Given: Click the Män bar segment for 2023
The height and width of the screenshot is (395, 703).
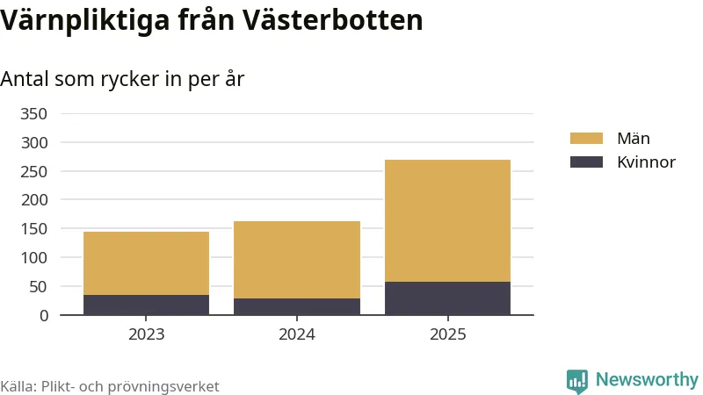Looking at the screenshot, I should (146, 263).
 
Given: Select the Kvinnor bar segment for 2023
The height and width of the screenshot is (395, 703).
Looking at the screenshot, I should (146, 305).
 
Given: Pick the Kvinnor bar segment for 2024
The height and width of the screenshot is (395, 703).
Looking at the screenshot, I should (297, 306).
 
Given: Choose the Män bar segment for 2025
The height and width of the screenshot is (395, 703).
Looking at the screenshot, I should (447, 220).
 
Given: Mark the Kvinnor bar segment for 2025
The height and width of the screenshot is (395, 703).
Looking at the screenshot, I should (447, 298).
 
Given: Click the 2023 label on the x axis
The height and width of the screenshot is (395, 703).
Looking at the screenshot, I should (146, 334).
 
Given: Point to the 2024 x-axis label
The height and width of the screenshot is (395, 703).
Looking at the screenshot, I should (297, 334).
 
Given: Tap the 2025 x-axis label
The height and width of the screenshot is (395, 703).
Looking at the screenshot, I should (447, 334).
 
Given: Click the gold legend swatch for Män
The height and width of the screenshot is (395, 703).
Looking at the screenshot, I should (586, 139).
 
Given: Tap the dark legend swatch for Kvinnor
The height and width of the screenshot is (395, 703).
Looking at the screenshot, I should (586, 162).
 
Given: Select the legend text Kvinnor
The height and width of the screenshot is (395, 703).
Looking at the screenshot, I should (646, 162).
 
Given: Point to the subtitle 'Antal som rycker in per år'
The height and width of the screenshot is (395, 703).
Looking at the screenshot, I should (122, 78).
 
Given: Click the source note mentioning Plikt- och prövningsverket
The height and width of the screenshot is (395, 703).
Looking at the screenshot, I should (110, 386).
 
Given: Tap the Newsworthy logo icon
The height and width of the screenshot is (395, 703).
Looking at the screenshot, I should (577, 380).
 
